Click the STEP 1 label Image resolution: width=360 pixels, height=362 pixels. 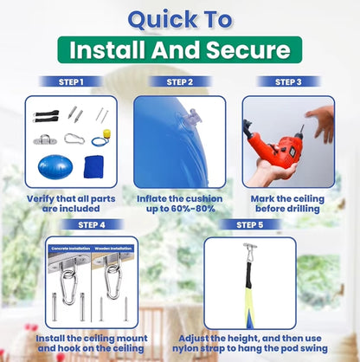tap(72, 82)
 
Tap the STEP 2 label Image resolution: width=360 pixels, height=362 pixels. tap(180, 82)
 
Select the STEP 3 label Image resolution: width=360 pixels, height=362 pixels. tap(287, 82)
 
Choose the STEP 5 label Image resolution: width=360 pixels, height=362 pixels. tap(250, 225)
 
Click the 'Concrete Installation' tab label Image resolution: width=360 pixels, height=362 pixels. tap(69, 249)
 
